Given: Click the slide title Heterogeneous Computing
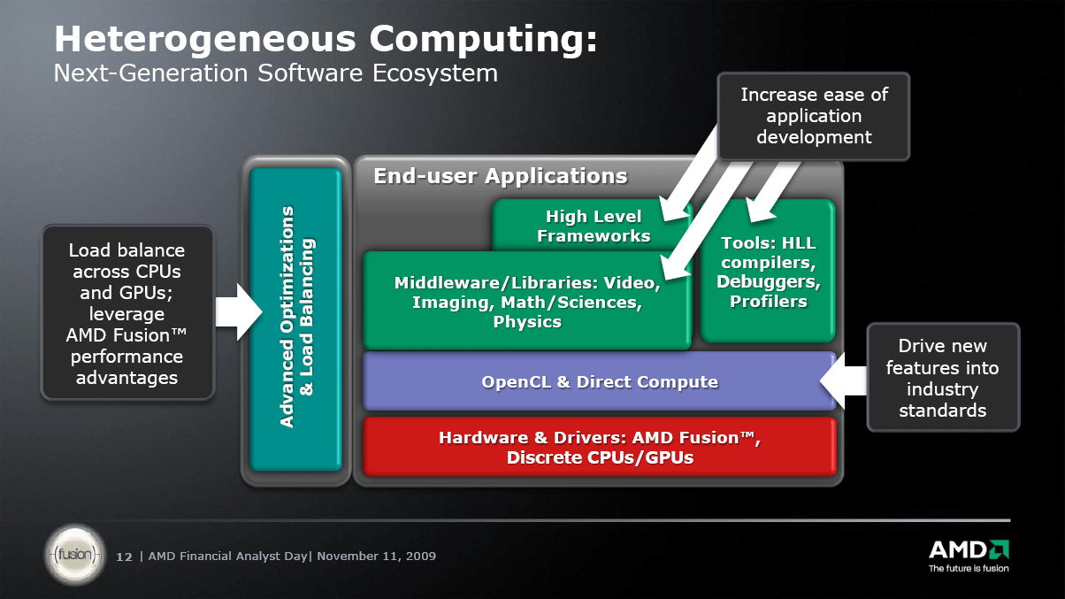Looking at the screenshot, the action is click(x=326, y=40).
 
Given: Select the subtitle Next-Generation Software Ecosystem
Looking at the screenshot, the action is click(x=275, y=73).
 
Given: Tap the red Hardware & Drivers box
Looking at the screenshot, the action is click(x=600, y=447).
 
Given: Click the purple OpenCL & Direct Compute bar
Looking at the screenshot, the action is click(x=600, y=382).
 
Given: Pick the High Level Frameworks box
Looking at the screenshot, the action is click(x=594, y=226).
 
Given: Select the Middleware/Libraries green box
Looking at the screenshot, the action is click(x=527, y=302).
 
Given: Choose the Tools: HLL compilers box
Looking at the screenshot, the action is click(x=768, y=273).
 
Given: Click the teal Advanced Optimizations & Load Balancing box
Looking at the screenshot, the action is click(x=296, y=319).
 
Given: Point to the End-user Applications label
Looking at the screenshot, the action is click(x=500, y=176).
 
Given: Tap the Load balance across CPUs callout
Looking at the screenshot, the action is click(x=127, y=314).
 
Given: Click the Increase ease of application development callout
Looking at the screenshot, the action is click(x=814, y=116).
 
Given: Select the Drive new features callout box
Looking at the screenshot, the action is click(x=942, y=378).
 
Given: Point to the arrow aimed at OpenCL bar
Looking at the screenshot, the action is click(x=844, y=381).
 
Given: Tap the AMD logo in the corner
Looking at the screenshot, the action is click(x=968, y=548).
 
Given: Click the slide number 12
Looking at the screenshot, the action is click(x=124, y=557).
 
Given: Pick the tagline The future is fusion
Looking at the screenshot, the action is click(x=968, y=568).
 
